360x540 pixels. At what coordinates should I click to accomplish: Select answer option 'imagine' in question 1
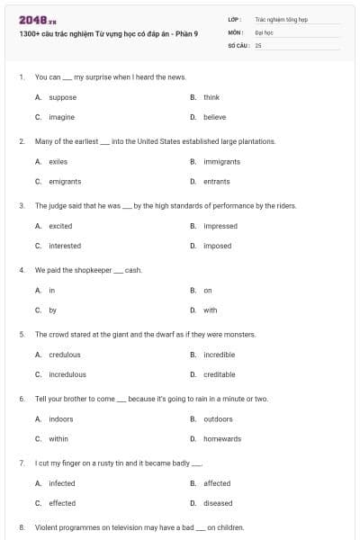point(61,117)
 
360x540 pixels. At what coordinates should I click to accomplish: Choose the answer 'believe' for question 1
point(214,117)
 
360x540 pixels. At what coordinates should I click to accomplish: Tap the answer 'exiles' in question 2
point(58,162)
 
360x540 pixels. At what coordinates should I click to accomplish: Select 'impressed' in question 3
point(220,226)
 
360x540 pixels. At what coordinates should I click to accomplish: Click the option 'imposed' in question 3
point(217,246)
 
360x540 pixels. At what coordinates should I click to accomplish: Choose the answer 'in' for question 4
point(51,291)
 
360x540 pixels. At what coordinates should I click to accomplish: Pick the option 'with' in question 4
point(210,310)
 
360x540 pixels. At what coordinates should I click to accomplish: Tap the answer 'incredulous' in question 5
point(67,374)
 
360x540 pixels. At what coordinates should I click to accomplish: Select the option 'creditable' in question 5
point(219,374)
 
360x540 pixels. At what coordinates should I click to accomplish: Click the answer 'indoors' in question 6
point(61,419)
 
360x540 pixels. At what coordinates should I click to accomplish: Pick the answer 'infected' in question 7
point(62,483)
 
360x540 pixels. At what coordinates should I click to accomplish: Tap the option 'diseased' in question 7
point(218,503)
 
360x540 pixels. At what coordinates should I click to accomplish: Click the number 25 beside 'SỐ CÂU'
point(258,44)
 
